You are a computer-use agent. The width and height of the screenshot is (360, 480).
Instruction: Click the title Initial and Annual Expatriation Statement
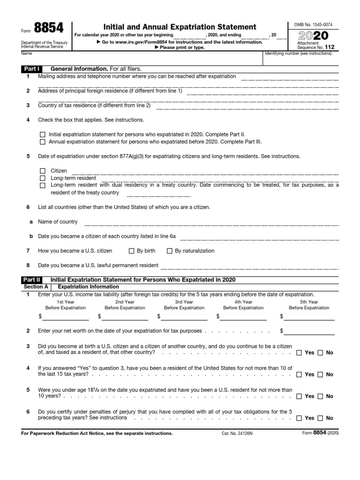point(180,27)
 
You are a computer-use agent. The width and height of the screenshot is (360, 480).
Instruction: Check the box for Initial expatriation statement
point(43,134)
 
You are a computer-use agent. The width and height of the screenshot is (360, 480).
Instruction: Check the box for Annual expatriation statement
point(43,141)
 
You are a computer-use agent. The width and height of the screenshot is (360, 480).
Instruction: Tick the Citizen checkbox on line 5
point(43,171)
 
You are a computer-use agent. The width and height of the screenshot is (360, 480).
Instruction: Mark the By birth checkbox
point(132,251)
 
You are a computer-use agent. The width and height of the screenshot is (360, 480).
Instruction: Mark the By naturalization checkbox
point(170,251)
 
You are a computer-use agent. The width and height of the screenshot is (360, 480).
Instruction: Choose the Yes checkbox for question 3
point(300,352)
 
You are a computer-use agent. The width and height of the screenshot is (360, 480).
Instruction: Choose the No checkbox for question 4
point(321,375)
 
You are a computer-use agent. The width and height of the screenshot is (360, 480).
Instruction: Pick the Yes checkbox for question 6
point(300,418)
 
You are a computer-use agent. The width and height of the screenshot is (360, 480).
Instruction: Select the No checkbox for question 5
point(321,396)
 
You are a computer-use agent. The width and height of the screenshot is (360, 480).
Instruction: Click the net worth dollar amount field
point(310,331)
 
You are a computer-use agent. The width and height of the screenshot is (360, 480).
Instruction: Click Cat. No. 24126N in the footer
point(237,434)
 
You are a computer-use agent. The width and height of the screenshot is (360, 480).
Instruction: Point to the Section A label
point(36,286)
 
